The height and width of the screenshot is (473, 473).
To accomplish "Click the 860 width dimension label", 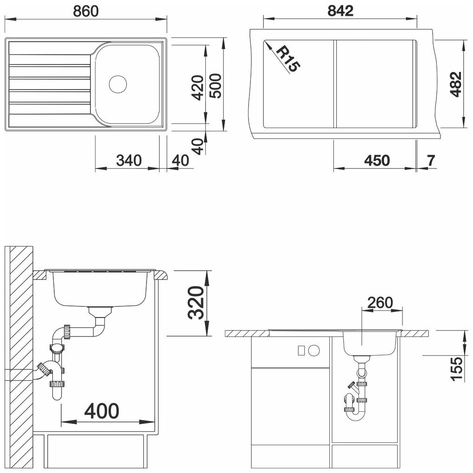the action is [86, 11].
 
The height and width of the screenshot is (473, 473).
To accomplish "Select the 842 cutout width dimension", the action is [340, 11].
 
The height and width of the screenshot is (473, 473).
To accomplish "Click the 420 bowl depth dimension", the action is [198, 88].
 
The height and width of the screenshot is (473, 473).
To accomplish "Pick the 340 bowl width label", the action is [129, 161].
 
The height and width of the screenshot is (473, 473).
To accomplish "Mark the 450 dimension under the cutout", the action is [377, 161].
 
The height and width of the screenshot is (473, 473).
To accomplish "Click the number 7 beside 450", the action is [431, 161].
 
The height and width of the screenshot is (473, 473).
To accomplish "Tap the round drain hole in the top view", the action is [118, 84].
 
